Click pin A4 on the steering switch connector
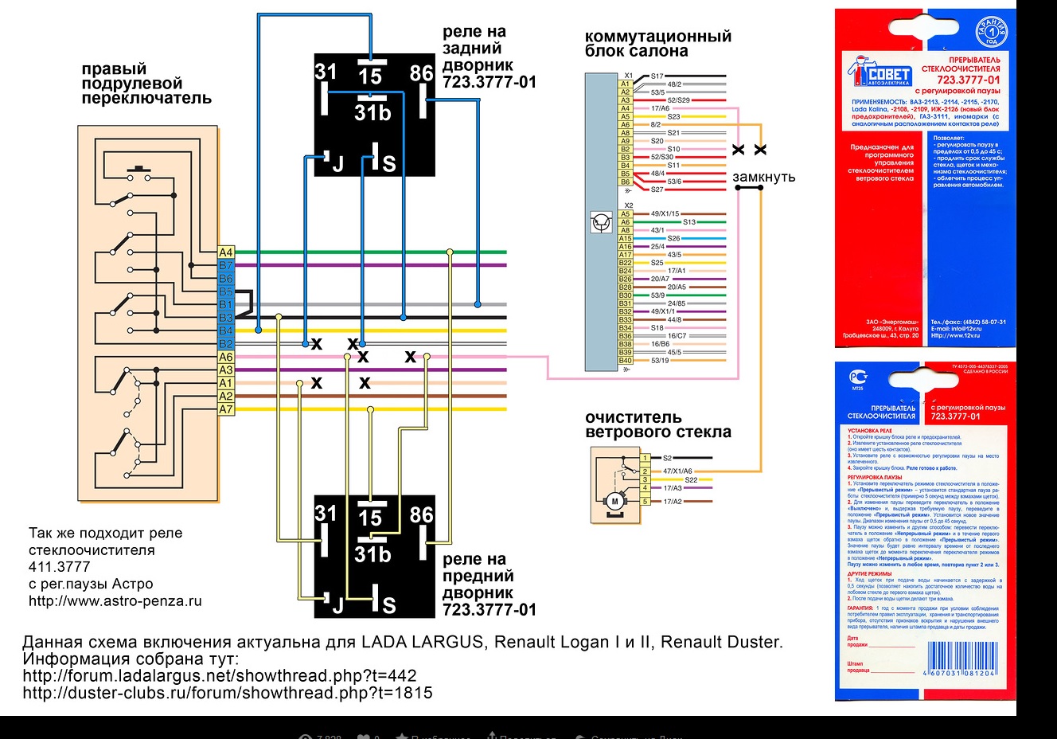point(226,252)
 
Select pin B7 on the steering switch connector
point(226,265)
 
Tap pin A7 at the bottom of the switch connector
point(226,409)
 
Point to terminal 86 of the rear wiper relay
point(421,74)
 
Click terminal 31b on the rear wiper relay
point(372,113)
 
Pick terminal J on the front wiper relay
point(337,605)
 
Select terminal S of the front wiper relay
point(388,605)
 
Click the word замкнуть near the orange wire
point(763,177)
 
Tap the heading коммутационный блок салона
point(657,44)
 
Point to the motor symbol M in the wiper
point(614,501)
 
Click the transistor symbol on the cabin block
point(602,222)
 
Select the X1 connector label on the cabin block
point(629,76)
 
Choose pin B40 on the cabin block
point(626,361)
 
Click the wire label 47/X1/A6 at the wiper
point(677,471)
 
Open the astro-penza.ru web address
point(115,601)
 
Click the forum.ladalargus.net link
point(219,676)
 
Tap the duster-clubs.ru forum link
point(227,693)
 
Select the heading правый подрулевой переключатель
point(146,84)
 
